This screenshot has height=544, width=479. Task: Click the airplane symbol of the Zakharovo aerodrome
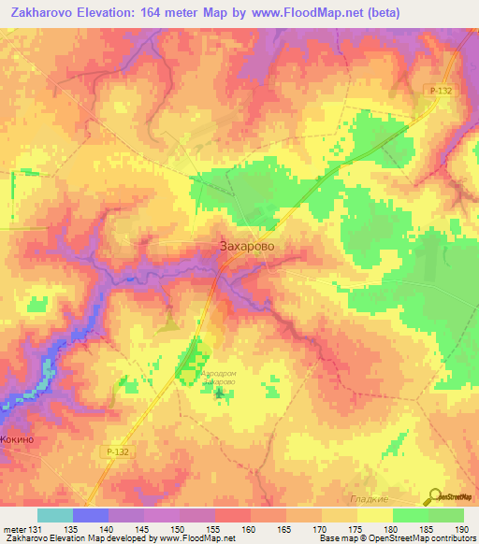[x=220, y=393]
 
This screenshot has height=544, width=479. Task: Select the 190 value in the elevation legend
[x=462, y=530]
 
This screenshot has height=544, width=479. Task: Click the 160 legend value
[x=249, y=530]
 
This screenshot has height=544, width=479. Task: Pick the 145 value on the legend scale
[x=142, y=530]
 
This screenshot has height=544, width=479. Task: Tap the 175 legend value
[x=356, y=530]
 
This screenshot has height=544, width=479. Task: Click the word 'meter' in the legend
[x=14, y=530]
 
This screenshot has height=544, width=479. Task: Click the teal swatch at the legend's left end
[x=54, y=516]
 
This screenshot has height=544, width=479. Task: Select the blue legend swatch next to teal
[x=90, y=516]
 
